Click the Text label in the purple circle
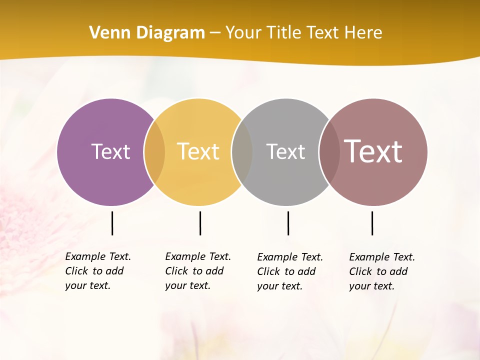coord(110,151)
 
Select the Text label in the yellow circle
coord(198,151)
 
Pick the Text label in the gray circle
coord(285,151)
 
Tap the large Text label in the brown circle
coord(373,151)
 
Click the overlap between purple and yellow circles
coord(154,152)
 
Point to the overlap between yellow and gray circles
coord(242,152)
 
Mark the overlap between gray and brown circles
coord(329,152)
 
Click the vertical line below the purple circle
coord(112,223)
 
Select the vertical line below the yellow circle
coord(200,223)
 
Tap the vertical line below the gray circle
coord(288,223)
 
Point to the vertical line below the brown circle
coord(372,223)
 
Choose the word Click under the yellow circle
coord(176,271)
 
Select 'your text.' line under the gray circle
coord(280,286)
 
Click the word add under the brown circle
coord(398,271)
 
